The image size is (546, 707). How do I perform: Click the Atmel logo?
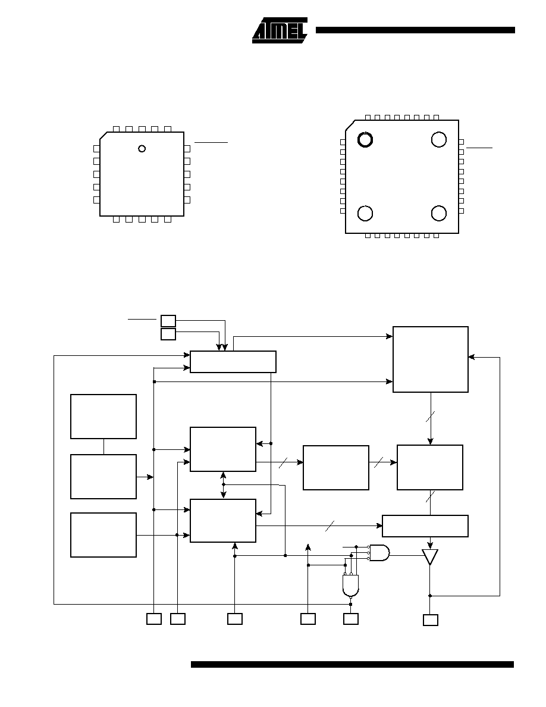[280, 31]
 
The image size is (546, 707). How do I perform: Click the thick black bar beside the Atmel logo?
[415, 30]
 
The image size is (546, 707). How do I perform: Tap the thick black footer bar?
[352, 664]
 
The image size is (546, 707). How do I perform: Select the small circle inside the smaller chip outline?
[142, 148]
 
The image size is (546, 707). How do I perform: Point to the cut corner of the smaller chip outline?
[103, 136]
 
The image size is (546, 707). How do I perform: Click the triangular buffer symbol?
[430, 557]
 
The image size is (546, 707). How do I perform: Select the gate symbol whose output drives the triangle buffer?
[380, 552]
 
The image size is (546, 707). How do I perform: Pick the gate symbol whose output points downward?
[350, 585]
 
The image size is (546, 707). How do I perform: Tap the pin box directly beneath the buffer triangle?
[431, 620]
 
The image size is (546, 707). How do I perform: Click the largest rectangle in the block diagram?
[430, 359]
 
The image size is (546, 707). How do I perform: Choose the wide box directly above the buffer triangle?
[425, 525]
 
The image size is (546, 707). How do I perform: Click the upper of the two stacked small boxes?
[168, 321]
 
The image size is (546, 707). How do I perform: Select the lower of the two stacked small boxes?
[168, 334]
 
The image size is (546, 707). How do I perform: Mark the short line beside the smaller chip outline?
[211, 142]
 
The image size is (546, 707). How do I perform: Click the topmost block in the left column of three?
[103, 417]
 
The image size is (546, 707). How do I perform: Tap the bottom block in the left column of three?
[103, 535]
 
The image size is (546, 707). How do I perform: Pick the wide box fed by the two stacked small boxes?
[233, 362]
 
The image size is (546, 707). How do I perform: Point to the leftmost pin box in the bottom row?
[154, 619]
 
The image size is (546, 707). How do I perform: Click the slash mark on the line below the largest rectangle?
[430, 417]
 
